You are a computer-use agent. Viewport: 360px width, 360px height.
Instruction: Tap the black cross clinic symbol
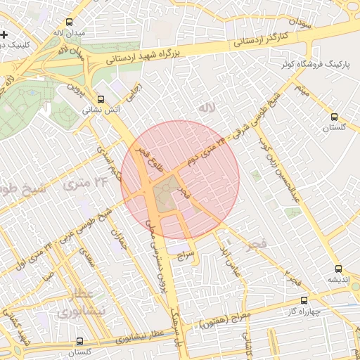[4, 34]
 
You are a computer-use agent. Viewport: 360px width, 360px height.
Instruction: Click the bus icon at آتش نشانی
[101, 99]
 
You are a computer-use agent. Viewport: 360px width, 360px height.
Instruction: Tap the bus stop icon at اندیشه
[339, 269]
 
